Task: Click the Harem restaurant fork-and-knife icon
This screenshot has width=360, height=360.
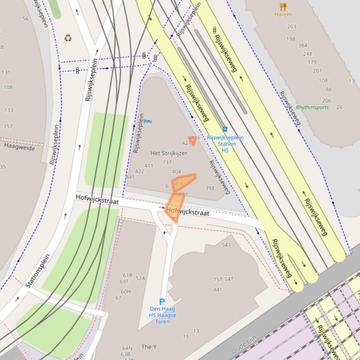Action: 283,7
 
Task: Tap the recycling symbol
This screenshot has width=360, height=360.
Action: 68,38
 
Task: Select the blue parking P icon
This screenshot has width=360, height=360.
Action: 162,302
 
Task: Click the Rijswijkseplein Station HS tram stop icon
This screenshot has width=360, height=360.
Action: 225,130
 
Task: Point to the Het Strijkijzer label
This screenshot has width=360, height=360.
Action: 169,153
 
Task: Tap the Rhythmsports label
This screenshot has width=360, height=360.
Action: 312,108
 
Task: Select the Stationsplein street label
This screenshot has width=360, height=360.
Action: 38,271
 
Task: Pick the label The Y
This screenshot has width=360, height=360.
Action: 149,346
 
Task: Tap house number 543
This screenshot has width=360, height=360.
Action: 226,245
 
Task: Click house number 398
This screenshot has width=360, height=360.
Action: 209,188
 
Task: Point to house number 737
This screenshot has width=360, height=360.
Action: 167,163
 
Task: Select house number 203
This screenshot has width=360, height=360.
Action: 292,27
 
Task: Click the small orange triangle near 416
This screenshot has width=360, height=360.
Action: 192,140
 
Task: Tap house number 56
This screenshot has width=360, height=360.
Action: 25,19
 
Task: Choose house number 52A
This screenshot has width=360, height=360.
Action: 140,279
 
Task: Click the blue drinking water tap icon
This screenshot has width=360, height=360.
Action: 148,122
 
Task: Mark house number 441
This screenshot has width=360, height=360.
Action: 217,290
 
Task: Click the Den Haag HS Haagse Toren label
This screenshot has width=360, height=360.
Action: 162,315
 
